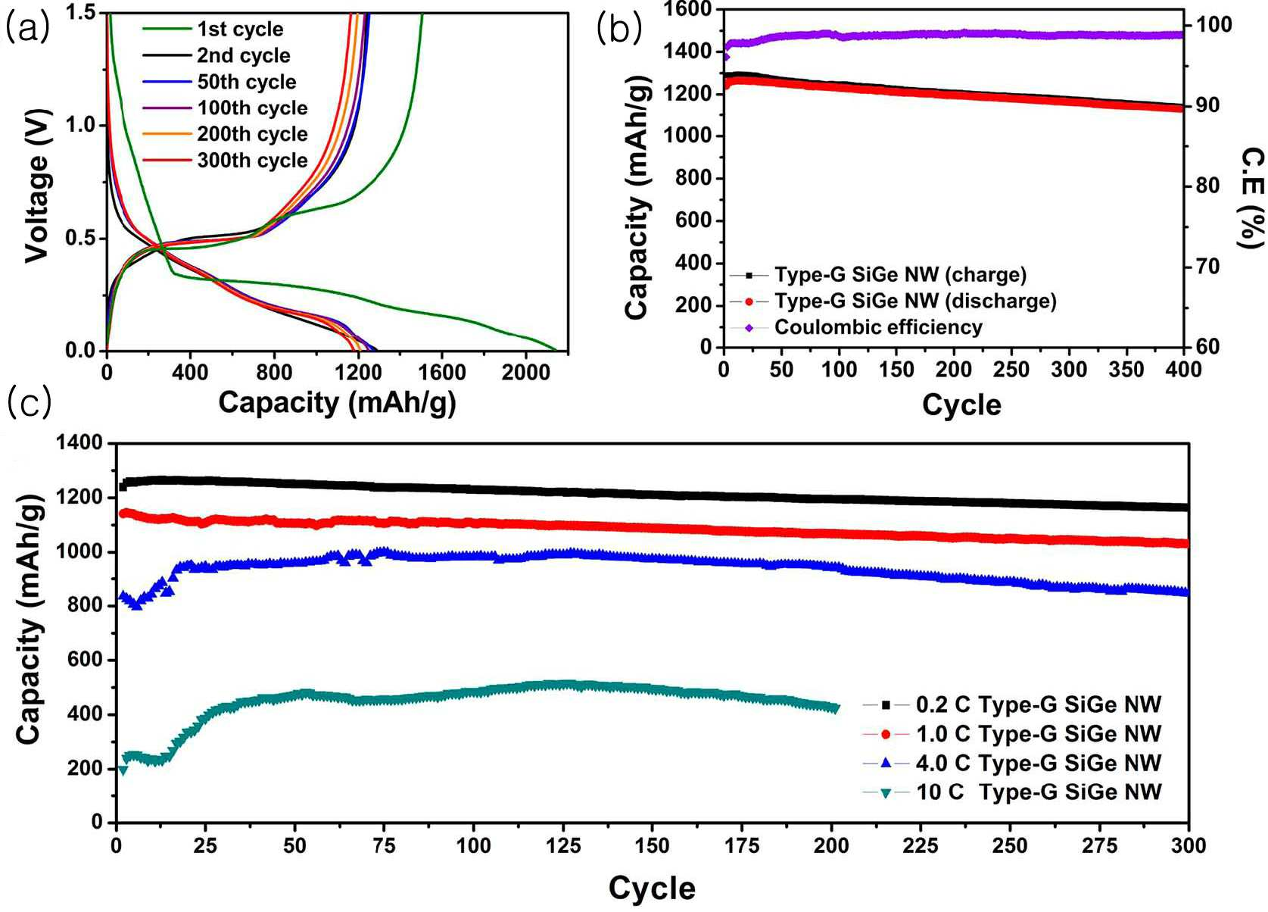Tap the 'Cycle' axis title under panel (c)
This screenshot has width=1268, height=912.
(652, 888)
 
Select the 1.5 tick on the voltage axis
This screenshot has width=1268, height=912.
(82, 12)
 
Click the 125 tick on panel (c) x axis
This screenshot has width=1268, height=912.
(562, 846)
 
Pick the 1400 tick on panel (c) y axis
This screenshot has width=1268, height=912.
(79, 443)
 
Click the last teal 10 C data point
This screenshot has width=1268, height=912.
(835, 708)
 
